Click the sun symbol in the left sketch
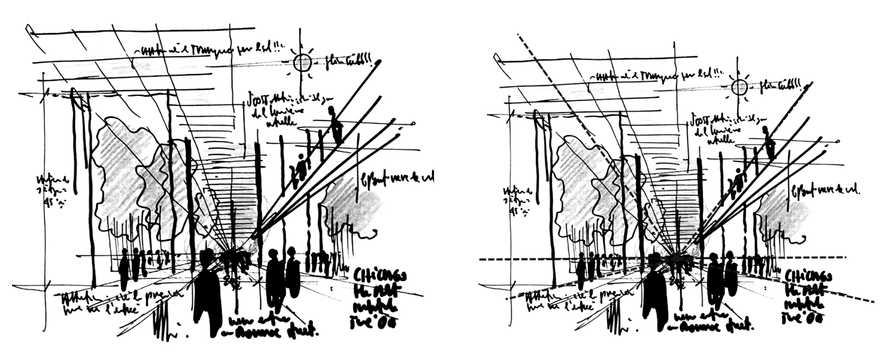(302, 63)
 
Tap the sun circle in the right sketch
(739, 87)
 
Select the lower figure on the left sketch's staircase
(301, 167)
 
